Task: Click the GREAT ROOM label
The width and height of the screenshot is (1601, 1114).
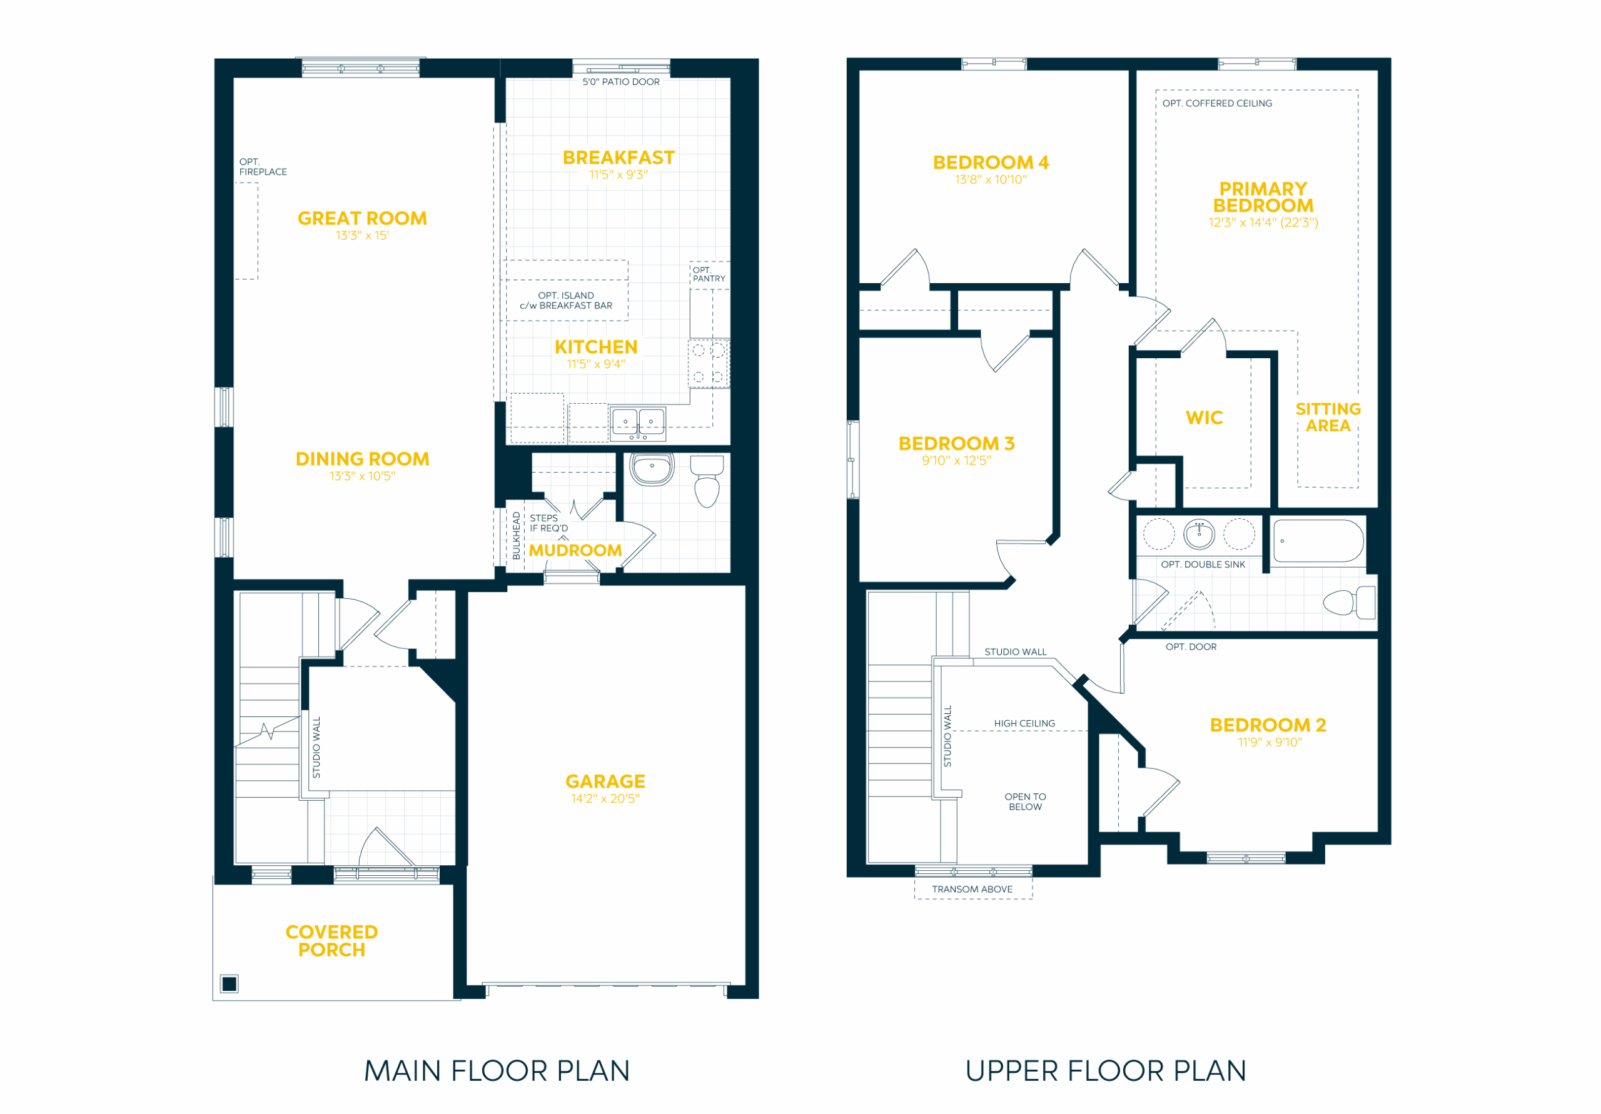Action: [362, 219]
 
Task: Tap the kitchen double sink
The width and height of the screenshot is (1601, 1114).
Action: [638, 424]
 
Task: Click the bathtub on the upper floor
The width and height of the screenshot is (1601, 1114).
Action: [1318, 541]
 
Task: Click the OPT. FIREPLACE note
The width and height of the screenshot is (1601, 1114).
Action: [263, 168]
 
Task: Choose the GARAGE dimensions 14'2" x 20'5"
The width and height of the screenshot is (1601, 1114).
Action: [605, 799]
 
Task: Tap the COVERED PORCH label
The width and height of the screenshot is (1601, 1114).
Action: [332, 941]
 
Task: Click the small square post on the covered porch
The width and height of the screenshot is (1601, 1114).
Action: [230, 983]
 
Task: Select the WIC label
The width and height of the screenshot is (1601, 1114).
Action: [1205, 418]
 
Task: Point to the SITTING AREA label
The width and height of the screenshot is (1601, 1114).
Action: [1328, 418]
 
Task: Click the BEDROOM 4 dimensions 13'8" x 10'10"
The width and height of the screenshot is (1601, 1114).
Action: [991, 180]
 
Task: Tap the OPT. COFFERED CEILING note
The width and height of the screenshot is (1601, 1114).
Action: [1217, 103]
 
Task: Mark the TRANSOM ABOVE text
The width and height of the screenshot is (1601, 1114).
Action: [972, 890]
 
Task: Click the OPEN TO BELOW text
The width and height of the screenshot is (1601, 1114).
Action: [1025, 801]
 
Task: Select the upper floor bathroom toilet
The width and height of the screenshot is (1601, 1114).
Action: [1349, 602]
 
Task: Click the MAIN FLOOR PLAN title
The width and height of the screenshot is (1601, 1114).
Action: [497, 1071]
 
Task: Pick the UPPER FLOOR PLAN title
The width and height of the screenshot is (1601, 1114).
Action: [1106, 1071]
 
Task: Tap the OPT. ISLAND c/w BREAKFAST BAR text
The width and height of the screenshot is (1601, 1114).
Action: [565, 301]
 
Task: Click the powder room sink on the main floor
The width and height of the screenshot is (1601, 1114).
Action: [652, 469]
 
